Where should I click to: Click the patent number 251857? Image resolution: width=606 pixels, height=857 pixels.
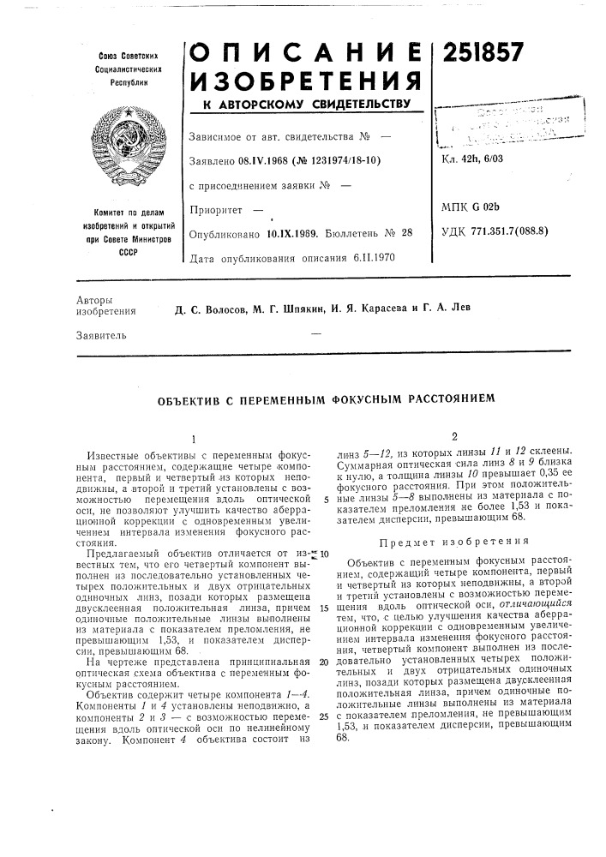pos(483,53)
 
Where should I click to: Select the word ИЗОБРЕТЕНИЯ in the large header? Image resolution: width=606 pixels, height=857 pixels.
pos(303,83)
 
